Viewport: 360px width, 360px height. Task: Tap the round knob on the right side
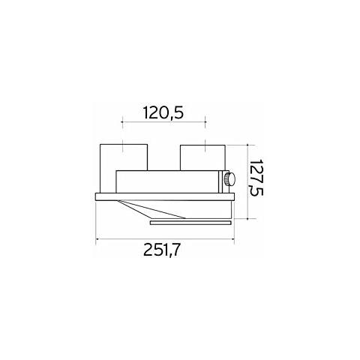(x=226, y=180)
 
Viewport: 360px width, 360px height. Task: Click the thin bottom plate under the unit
(x=190, y=222)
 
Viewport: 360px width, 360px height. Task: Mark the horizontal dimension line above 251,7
(x=165, y=239)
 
